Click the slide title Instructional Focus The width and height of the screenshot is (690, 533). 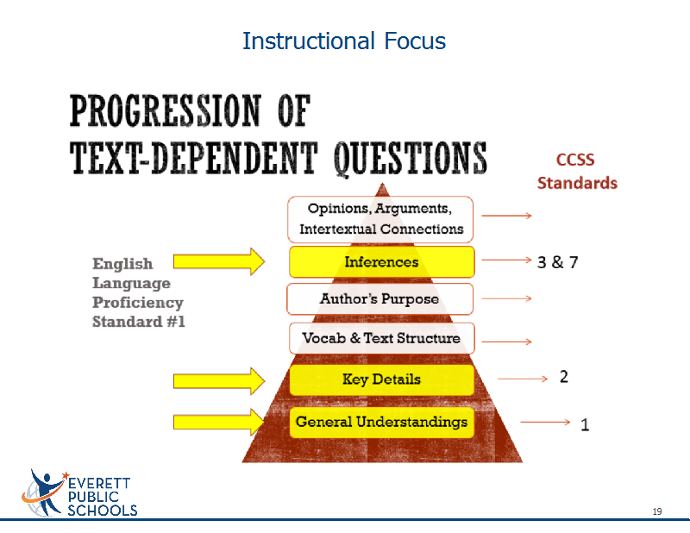coord(344,41)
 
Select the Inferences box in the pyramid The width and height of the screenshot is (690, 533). coord(381,262)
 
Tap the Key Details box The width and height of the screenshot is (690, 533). coord(381,379)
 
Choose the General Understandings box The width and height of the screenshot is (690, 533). coord(381,422)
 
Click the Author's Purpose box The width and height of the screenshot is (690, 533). coord(379,299)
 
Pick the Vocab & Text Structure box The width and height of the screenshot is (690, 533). coord(381,338)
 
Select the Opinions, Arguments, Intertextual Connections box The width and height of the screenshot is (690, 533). coord(380,219)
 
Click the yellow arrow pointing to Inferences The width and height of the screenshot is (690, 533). coord(219,261)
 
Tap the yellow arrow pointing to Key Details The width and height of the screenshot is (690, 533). coord(219,380)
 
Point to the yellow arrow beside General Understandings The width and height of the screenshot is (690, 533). coord(219,422)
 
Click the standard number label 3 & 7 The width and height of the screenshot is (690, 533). coord(557,262)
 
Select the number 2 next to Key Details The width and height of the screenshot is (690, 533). coord(564,377)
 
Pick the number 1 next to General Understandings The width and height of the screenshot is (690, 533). coord(585,424)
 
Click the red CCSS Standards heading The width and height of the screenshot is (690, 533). coord(577,172)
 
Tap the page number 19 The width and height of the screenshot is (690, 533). coord(657,511)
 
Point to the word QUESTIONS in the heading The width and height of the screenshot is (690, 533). coord(411,158)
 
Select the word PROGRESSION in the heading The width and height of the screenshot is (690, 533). coord(166,110)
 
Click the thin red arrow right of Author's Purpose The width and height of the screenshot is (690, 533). coord(506,298)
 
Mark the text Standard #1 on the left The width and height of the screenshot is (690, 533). coord(139,322)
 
